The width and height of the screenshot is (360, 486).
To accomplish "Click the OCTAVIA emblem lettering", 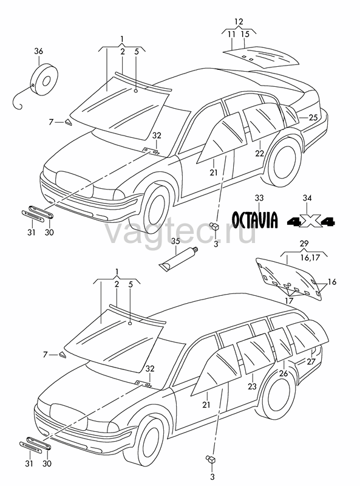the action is (x=255, y=220).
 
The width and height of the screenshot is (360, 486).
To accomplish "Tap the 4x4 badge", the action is (x=311, y=221).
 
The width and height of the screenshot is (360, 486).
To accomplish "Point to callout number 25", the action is (x=313, y=117).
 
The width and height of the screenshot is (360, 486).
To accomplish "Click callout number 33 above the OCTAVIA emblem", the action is (x=259, y=198).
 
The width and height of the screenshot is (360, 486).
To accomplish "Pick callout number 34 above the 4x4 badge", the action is (x=307, y=198).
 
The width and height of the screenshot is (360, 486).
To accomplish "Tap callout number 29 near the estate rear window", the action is (x=304, y=244).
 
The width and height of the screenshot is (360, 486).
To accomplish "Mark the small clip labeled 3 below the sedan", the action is (x=214, y=227).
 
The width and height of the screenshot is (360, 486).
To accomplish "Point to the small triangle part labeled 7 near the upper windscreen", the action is (x=68, y=123).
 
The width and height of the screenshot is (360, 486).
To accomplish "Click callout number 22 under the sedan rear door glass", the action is (x=260, y=153).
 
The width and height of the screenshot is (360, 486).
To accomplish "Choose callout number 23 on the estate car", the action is (x=252, y=386).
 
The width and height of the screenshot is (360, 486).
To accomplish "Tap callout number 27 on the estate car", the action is (x=311, y=361).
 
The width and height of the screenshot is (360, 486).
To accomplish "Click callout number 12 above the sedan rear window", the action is (x=239, y=22).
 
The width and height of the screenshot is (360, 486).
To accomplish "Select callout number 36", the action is (x=38, y=52).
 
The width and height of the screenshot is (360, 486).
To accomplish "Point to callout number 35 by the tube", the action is (x=175, y=241).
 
